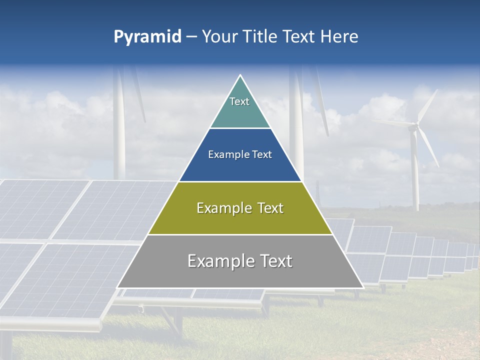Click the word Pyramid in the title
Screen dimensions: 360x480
tap(147, 37)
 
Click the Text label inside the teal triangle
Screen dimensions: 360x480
tap(239, 101)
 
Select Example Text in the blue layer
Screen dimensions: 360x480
tap(240, 154)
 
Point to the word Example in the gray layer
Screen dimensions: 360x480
tap(216, 261)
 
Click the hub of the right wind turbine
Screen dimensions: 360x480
tap(413, 127)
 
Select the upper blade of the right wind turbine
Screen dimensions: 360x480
tap(427, 106)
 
